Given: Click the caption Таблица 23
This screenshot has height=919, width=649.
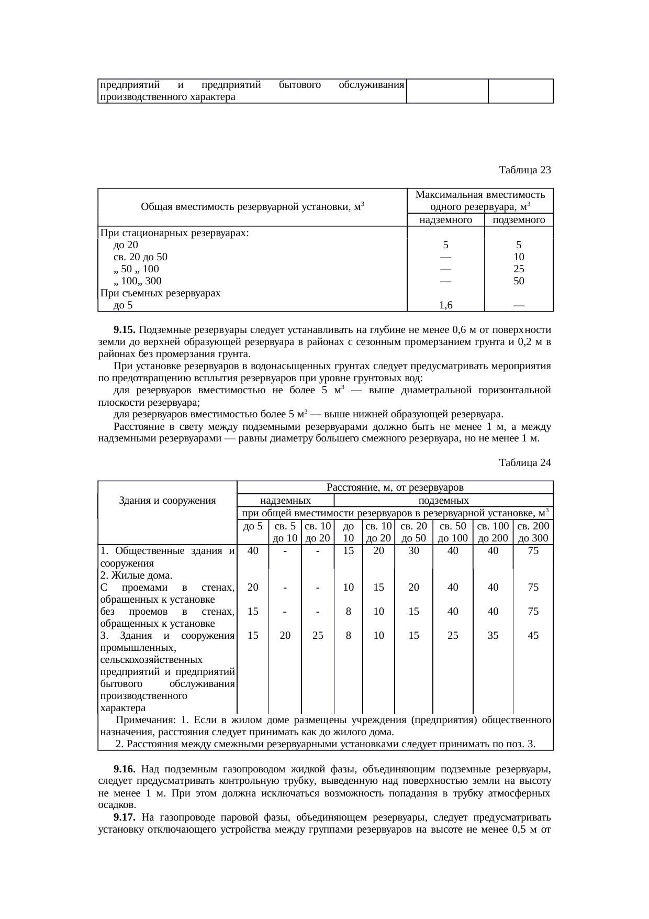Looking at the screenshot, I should click(524, 170).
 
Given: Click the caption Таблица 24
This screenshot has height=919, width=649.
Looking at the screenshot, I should click(524, 463).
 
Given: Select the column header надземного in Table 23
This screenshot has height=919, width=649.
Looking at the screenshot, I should click(446, 220).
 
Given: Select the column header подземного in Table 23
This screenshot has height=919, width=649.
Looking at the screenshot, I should click(519, 220).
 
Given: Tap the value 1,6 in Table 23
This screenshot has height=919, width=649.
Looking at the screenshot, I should click(446, 305).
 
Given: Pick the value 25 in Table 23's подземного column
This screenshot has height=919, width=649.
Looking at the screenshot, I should click(519, 269).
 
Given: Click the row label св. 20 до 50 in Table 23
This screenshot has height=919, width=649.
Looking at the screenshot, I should click(140, 257).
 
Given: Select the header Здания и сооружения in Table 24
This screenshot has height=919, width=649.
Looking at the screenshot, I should click(167, 501).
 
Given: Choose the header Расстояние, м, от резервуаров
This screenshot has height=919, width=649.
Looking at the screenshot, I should click(395, 488).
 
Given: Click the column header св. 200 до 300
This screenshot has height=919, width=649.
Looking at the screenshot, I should click(533, 532).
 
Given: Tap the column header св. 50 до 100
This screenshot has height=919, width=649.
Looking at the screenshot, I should click(453, 532).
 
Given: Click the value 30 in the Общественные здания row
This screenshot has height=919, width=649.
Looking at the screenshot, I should click(413, 551).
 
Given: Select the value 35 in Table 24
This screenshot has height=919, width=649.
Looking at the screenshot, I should click(493, 636).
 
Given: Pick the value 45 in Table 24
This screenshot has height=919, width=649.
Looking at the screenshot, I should click(533, 636).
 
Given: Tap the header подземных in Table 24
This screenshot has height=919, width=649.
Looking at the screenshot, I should click(444, 501).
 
